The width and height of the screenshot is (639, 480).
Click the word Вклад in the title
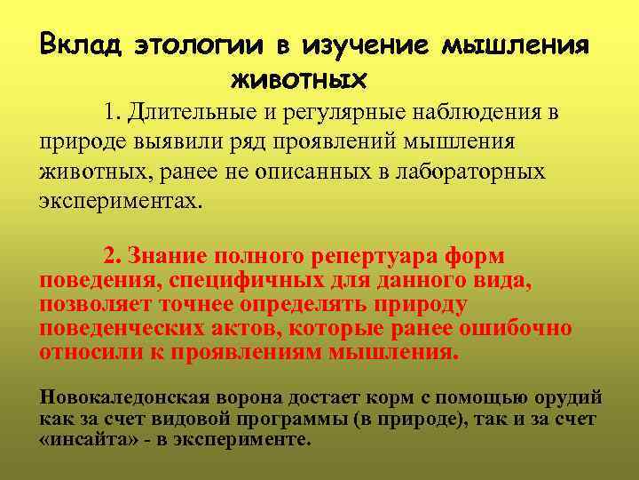tap(82, 44)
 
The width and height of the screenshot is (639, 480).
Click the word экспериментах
tap(121, 199)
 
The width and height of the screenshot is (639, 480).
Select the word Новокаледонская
tap(122, 396)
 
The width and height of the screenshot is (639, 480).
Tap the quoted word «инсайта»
tap(84, 440)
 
